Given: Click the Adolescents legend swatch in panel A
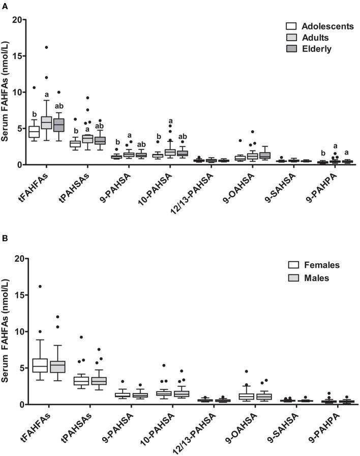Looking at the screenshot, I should pos(291,26).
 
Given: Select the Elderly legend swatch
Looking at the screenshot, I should pos(291,49).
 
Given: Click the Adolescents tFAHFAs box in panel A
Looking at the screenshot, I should pos(34,132).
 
